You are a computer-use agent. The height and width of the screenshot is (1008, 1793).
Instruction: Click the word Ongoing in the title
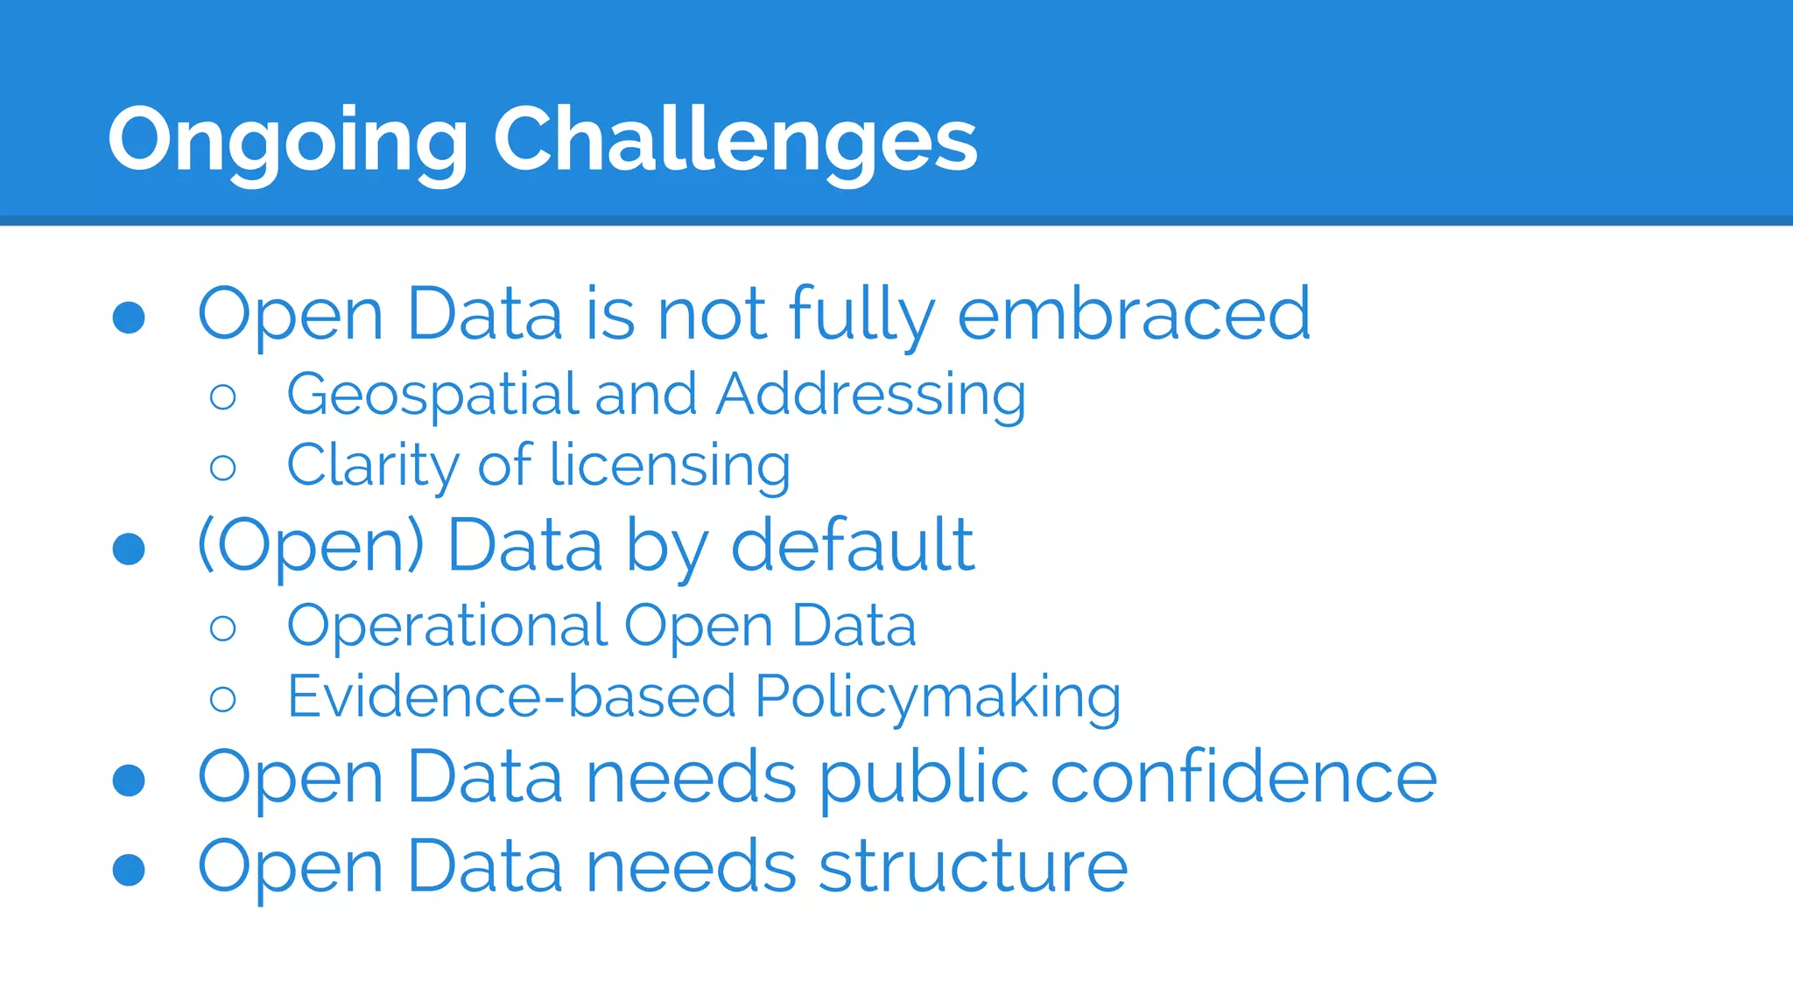click(287, 140)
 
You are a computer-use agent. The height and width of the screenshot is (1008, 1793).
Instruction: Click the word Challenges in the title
click(735, 140)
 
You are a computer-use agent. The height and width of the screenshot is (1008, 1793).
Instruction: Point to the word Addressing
click(871, 395)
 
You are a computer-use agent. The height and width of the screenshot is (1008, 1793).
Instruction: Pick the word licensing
click(670, 465)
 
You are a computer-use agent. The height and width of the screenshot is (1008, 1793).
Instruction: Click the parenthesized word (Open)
click(311, 546)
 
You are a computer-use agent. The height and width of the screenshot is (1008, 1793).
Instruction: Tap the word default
click(852, 546)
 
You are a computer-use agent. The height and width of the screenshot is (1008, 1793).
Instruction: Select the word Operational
click(446, 626)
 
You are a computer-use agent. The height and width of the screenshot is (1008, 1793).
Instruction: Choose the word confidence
click(1243, 777)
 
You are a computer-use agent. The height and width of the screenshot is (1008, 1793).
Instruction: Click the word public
click(924, 779)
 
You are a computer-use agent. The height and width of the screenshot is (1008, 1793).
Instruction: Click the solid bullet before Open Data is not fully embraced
click(129, 318)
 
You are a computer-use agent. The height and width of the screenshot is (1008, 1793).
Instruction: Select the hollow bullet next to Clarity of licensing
click(223, 468)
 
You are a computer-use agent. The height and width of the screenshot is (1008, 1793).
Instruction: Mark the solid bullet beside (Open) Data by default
click(129, 549)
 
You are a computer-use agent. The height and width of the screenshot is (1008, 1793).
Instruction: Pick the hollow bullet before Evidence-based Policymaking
click(223, 699)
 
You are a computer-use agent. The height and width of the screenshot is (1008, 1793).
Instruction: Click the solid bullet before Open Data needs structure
click(129, 870)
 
